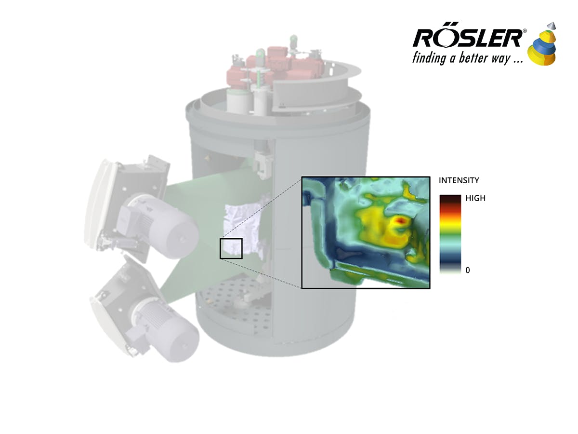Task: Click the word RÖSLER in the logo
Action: pyautogui.click(x=467, y=38)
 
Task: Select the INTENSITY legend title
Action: pyautogui.click(x=459, y=181)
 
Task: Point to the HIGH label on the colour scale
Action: pyautogui.click(x=475, y=198)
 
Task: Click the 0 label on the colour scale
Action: pyautogui.click(x=467, y=270)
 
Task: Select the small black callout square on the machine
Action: pyautogui.click(x=231, y=248)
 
